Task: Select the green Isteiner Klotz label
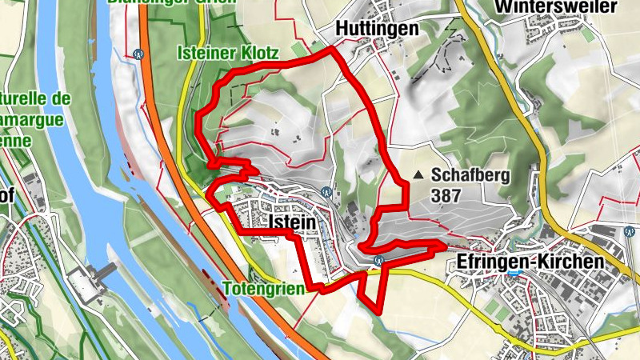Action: [x=227, y=54]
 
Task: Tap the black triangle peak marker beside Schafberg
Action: [x=418, y=174]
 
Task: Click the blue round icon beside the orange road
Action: [x=139, y=55]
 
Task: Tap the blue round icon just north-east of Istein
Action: [x=326, y=192]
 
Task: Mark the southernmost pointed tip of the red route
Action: [x=378, y=306]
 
